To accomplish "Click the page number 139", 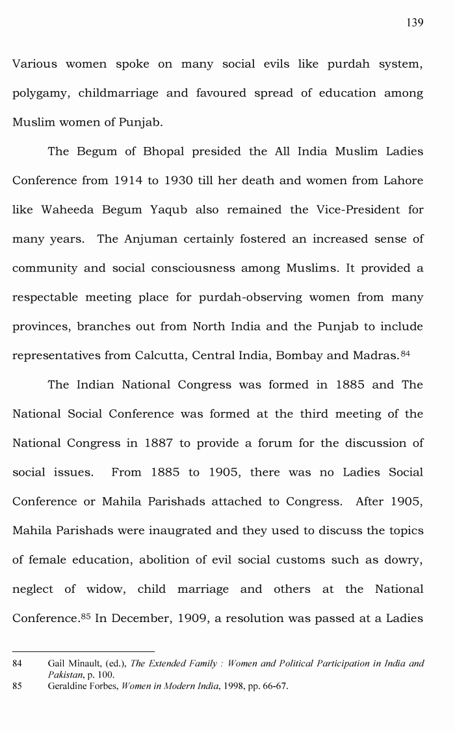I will pos(415,23).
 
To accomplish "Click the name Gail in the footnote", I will pos(57,664).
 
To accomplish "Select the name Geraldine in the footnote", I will pos(69,686).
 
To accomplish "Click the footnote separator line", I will pos(84,651).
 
